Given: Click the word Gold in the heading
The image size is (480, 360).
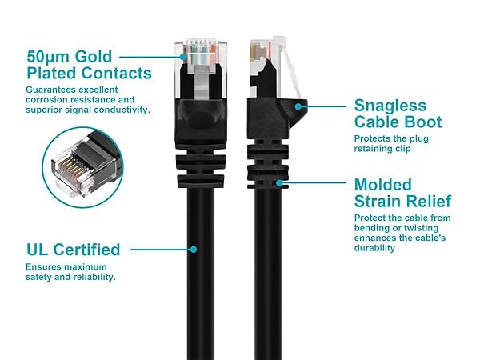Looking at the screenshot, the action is (x=94, y=57).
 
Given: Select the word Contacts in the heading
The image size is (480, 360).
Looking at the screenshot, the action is (x=116, y=73).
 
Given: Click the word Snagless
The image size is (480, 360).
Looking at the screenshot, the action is (x=390, y=106).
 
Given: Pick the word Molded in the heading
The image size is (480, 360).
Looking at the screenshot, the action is (x=383, y=185).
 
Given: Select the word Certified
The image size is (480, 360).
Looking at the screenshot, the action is (x=86, y=250).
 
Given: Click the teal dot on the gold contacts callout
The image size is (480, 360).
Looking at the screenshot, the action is (x=183, y=57).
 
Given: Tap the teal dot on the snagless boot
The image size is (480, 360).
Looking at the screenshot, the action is (x=298, y=106).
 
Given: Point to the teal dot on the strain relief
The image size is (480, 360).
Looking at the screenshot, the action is (x=279, y=183).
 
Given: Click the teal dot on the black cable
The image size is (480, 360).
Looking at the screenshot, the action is (x=194, y=250).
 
